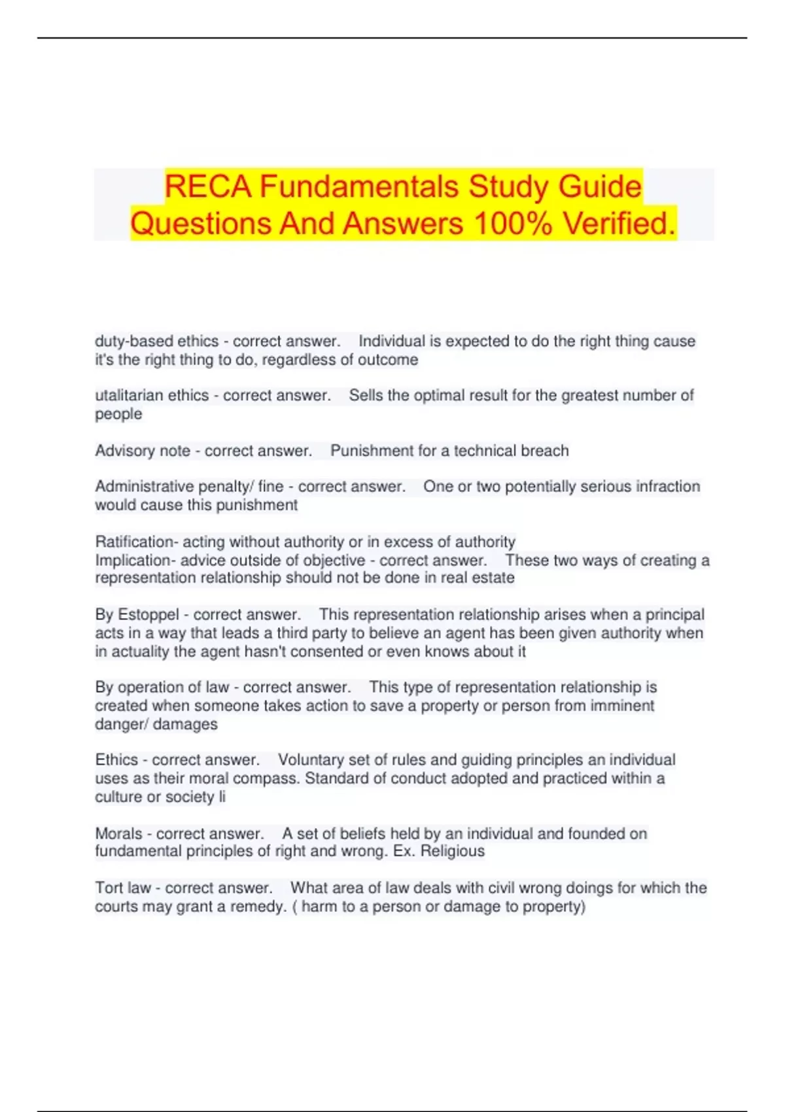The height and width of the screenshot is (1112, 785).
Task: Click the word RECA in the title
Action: tap(208, 187)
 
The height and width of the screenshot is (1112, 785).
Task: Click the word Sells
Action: tap(366, 396)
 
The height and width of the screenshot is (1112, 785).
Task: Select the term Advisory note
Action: tap(143, 451)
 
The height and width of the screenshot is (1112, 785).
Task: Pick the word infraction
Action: tap(667, 487)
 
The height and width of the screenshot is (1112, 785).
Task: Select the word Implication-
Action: tap(135, 561)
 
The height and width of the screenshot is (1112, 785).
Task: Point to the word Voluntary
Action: tap(311, 760)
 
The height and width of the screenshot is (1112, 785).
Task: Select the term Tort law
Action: tap(123, 888)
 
